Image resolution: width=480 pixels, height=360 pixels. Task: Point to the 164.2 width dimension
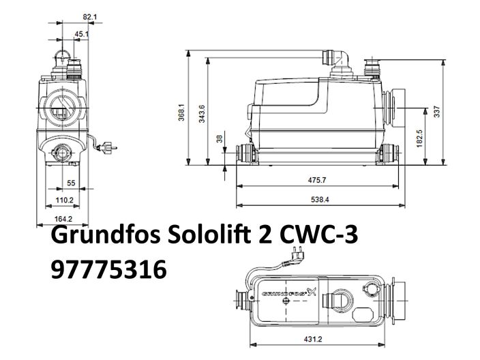[x=63, y=219]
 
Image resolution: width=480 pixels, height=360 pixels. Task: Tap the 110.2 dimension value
[x=63, y=200]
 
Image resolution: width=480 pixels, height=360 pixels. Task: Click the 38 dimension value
[x=219, y=139]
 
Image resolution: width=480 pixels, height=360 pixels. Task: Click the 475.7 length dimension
[x=316, y=181]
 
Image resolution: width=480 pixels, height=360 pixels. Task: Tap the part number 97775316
[x=108, y=271]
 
